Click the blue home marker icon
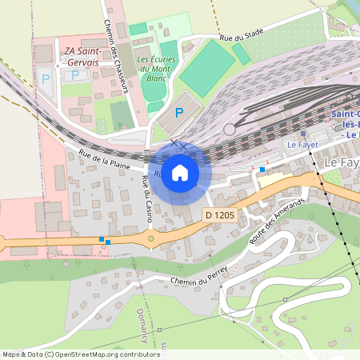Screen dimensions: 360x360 (x=180, y=173)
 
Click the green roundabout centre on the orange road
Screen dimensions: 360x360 (x=150, y=238)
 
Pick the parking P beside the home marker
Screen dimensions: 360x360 (x=179, y=114)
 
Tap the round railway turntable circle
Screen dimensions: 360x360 (x=230, y=129)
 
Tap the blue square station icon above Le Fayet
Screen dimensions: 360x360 (x=302, y=134)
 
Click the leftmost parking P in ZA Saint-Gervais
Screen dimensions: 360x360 (x=45, y=79)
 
